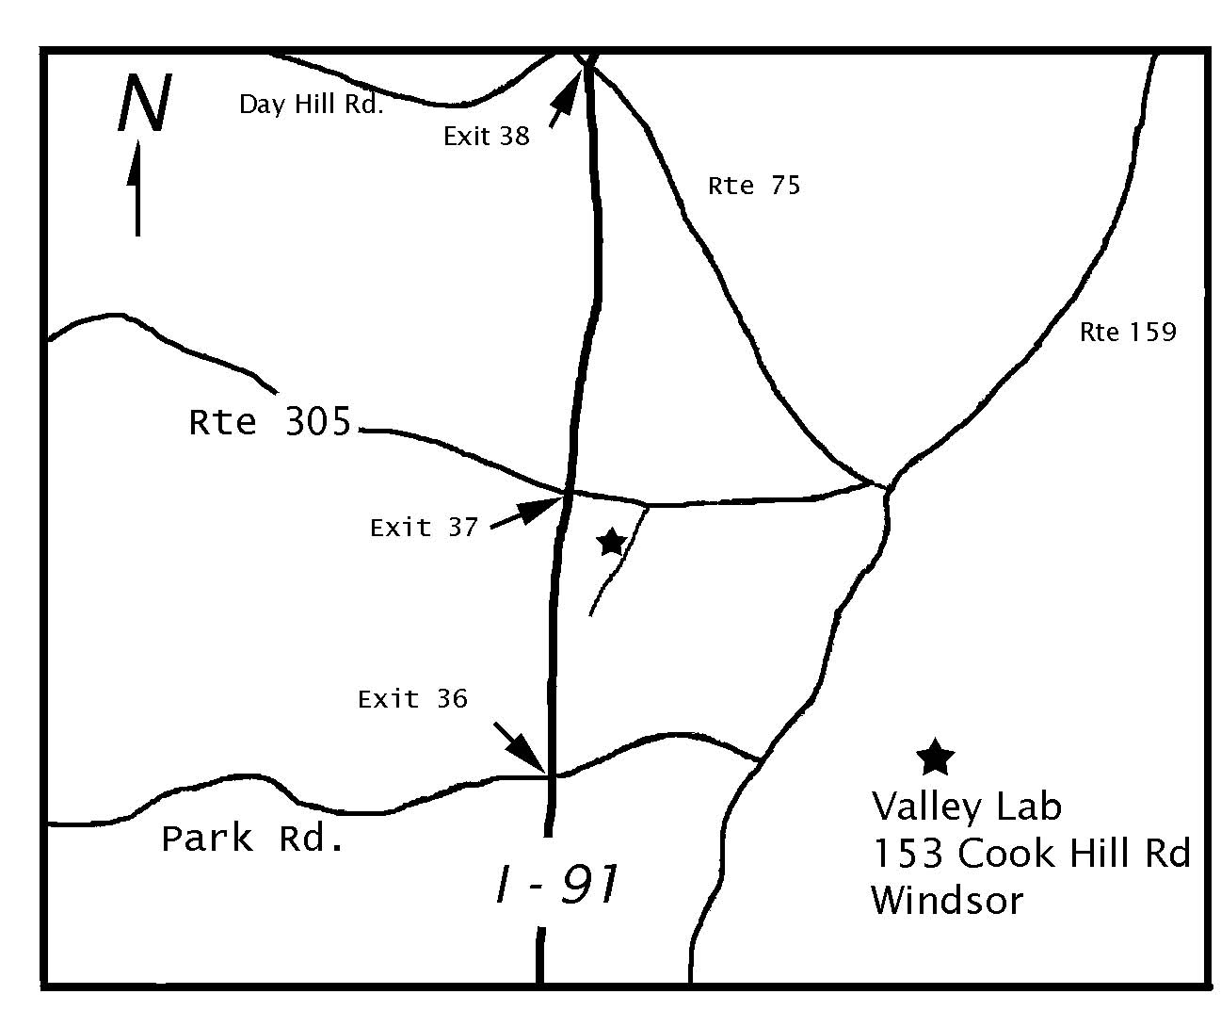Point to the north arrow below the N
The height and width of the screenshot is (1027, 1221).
[137, 188]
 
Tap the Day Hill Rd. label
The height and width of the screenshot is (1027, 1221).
[311, 104]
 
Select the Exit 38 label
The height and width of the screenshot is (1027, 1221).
[487, 137]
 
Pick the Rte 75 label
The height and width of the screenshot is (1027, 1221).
[754, 186]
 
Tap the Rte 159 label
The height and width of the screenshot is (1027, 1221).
[1128, 332]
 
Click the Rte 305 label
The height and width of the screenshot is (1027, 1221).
[270, 422]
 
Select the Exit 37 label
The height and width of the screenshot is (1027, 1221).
[425, 527]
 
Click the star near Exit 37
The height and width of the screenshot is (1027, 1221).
[612, 542]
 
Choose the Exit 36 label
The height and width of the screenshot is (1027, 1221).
[412, 699]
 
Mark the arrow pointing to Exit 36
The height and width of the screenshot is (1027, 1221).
[520, 746]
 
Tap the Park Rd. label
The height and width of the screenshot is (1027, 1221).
[252, 838]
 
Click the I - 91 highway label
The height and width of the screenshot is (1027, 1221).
[557, 886]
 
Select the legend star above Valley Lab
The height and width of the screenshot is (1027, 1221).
[935, 757]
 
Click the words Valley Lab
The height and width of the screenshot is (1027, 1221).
[966, 807]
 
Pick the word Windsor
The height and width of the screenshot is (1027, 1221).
[946, 900]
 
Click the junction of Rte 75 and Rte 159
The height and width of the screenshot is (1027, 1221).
[886, 487]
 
